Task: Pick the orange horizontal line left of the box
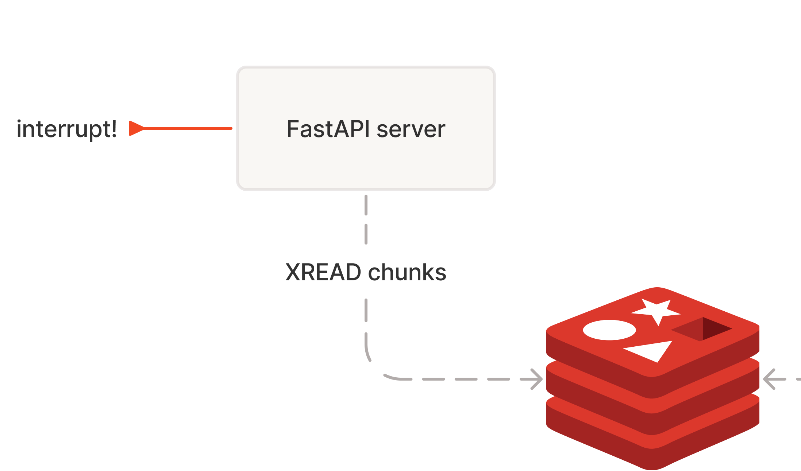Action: click(188, 128)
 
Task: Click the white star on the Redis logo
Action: click(656, 311)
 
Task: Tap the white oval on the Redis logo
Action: click(609, 330)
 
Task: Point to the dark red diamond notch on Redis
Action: click(702, 329)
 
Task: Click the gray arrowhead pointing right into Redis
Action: click(536, 379)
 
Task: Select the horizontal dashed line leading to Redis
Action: click(467, 379)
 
